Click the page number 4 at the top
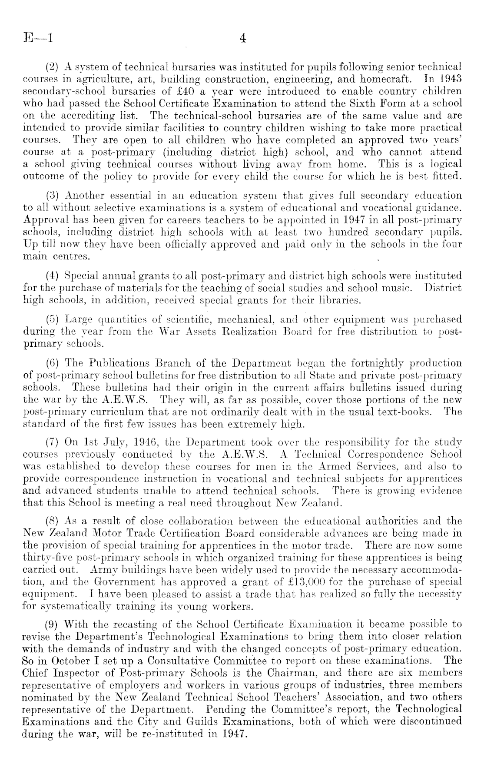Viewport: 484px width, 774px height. [x=243, y=38]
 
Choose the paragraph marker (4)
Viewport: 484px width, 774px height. [x=53, y=276]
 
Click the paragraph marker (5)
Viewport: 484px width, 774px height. [x=53, y=319]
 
